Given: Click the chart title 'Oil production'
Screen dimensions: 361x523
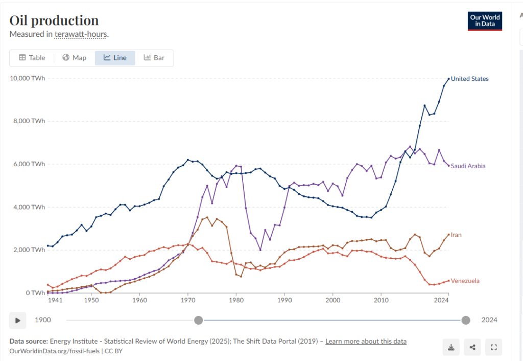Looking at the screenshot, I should pyautogui.click(x=54, y=20).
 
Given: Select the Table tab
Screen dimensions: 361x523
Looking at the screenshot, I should pyautogui.click(x=32, y=58).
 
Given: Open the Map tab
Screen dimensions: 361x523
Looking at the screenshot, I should pyautogui.click(x=74, y=58).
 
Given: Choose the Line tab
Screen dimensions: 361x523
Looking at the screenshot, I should pyautogui.click(x=115, y=58).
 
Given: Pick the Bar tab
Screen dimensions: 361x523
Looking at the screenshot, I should pyautogui.click(x=154, y=58).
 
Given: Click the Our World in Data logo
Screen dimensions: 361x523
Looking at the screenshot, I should pyautogui.click(x=485, y=21).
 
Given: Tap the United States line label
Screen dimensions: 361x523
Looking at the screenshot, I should pyautogui.click(x=469, y=79).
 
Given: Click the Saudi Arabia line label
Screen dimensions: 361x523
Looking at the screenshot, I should pyautogui.click(x=468, y=166).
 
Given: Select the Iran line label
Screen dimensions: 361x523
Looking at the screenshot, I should pyautogui.click(x=456, y=235).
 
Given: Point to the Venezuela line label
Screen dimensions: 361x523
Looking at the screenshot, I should pyautogui.click(x=465, y=281).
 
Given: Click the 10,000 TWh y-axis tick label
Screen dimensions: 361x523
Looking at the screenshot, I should pyautogui.click(x=28, y=78).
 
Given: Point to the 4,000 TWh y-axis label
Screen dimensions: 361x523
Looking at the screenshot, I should pyautogui.click(x=29, y=207).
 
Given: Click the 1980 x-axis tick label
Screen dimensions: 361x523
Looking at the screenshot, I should pyautogui.click(x=236, y=301).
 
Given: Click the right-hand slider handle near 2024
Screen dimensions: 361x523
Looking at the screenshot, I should pyautogui.click(x=466, y=320).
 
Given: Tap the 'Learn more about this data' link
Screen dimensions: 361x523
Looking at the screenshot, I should pyautogui.click(x=366, y=341).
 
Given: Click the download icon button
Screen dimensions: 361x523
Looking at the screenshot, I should pyautogui.click(x=451, y=347).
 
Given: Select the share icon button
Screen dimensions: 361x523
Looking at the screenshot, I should pyautogui.click(x=472, y=347).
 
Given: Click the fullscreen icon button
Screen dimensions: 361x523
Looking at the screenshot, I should pyautogui.click(x=493, y=347).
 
